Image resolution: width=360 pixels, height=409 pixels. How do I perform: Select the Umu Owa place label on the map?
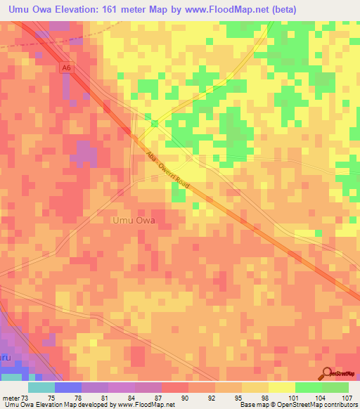click(x=134, y=220)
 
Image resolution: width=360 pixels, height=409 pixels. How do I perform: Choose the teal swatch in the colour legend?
click(x=41, y=387)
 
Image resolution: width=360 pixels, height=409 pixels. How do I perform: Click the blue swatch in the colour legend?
click(x=68, y=387)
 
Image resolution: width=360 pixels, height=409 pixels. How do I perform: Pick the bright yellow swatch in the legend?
click(x=281, y=387)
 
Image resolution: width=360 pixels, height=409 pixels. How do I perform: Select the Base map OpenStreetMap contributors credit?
click(x=297, y=405)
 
